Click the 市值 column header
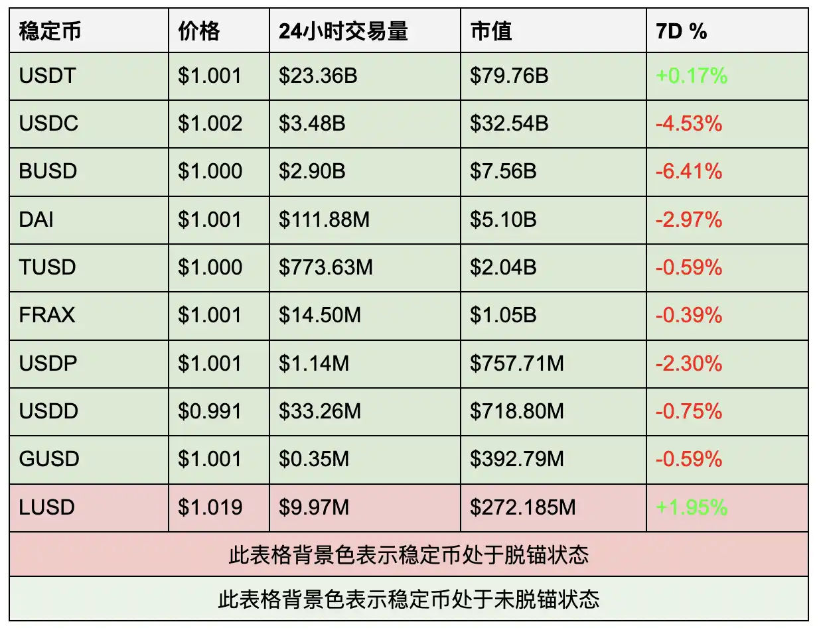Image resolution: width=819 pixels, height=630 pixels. [491, 31]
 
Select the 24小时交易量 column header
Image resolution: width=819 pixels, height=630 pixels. [343, 31]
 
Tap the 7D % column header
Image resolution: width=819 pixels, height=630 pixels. [682, 31]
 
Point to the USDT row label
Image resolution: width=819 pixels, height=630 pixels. [48, 76]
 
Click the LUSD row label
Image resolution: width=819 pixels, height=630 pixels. [47, 507]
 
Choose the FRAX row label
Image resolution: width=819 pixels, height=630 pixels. [47, 315]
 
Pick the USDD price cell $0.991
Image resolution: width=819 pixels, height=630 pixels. [210, 411]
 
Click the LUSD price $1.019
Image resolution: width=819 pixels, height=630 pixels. [210, 507]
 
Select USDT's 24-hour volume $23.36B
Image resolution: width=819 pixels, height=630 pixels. [318, 76]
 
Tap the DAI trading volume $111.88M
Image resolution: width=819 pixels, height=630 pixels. [324, 219]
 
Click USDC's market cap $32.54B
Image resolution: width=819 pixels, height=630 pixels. [509, 123]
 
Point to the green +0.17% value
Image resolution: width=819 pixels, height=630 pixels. [692, 76]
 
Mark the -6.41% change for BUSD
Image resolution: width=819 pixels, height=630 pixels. [689, 171]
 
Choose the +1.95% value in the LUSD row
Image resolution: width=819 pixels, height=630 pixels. [692, 507]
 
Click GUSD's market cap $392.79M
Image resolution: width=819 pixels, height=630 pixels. [517, 459]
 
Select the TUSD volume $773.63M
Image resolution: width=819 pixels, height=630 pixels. [326, 267]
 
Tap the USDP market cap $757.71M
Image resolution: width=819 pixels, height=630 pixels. [517, 363]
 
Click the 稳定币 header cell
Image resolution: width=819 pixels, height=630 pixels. [50, 31]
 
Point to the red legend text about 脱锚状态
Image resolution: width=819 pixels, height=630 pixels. [409, 554]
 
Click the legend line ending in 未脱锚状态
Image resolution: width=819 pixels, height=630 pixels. [409, 599]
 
